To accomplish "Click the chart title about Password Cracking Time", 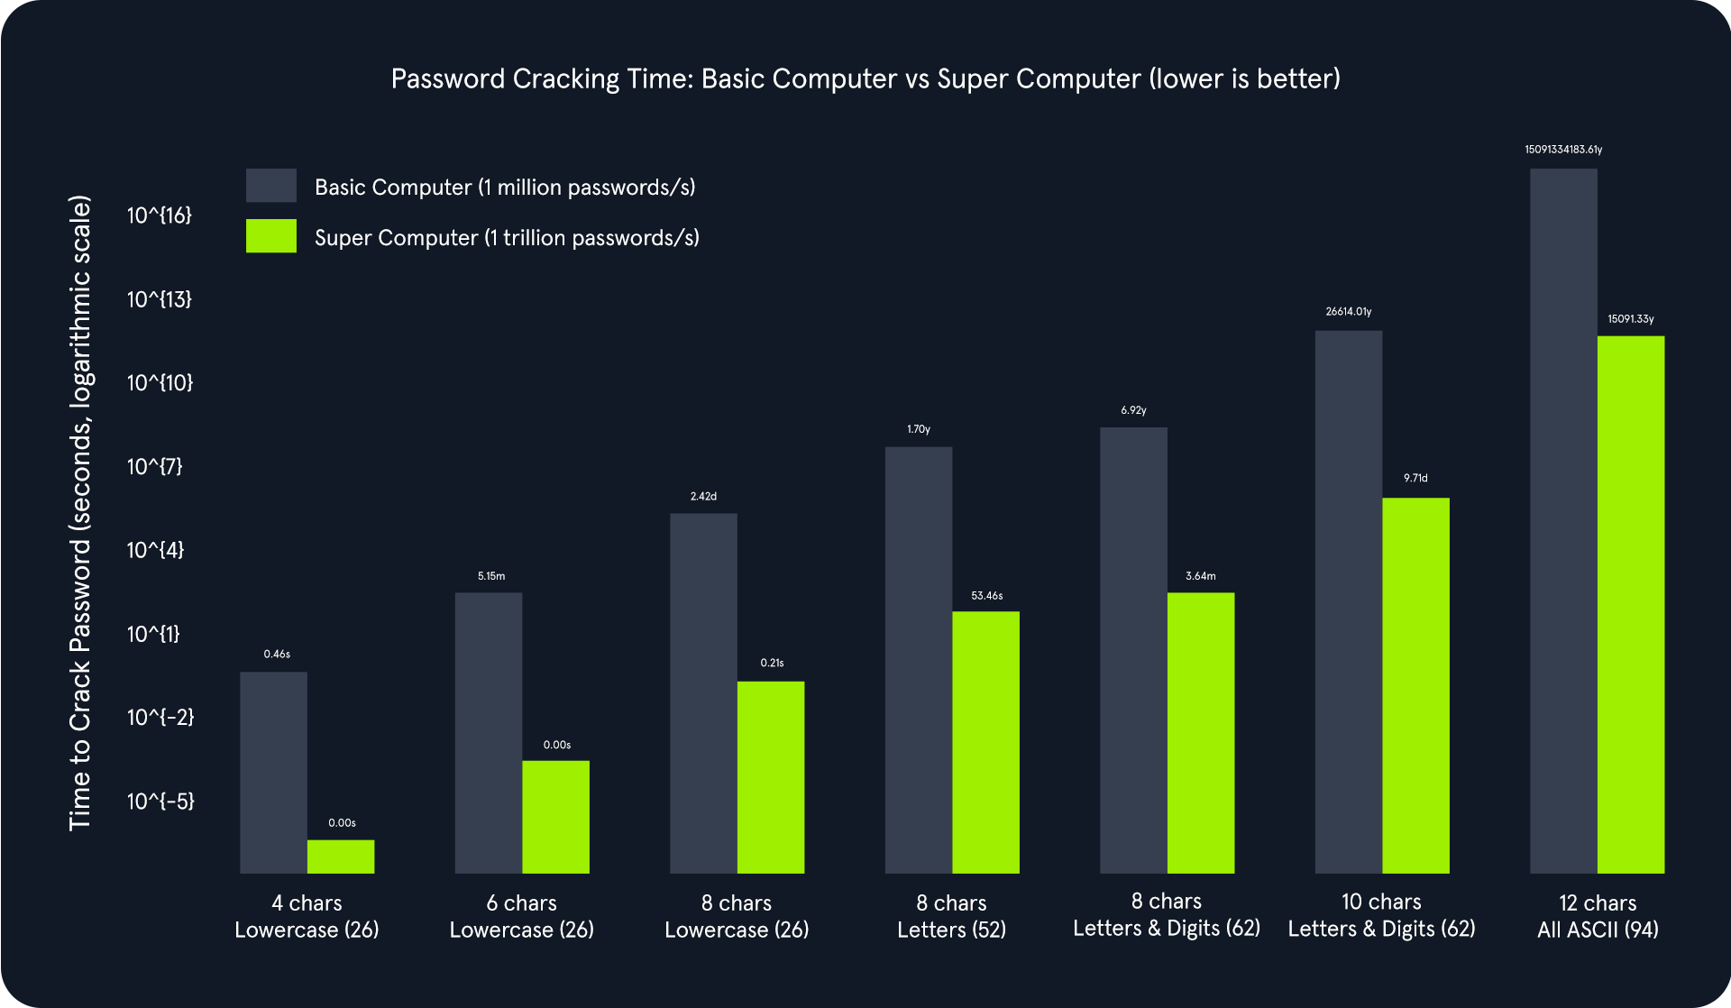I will tap(865, 79).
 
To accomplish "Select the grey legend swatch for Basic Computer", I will tap(271, 186).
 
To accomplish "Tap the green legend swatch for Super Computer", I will tap(271, 236).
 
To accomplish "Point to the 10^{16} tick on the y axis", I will tap(160, 215).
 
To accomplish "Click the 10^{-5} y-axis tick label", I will tap(160, 802).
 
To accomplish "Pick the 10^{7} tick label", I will tap(155, 467).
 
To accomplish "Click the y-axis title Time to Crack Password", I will tap(80, 512).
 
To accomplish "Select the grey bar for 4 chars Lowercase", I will tap(273, 772).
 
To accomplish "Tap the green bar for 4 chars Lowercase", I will tap(341, 857).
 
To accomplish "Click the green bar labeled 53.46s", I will tap(985, 742).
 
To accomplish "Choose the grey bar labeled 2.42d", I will tap(703, 692).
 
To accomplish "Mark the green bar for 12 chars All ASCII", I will tap(1631, 604).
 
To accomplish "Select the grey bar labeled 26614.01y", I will tap(1348, 601).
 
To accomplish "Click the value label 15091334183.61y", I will tap(1563, 150).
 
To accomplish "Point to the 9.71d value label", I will tap(1415, 479).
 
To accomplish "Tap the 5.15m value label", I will tap(491, 576).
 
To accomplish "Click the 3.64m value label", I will tap(1200, 576).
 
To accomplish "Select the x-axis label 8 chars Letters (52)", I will tap(951, 916).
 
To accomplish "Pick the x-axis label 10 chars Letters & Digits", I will tap(1381, 915).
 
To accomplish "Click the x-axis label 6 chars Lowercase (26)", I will tap(521, 916).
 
